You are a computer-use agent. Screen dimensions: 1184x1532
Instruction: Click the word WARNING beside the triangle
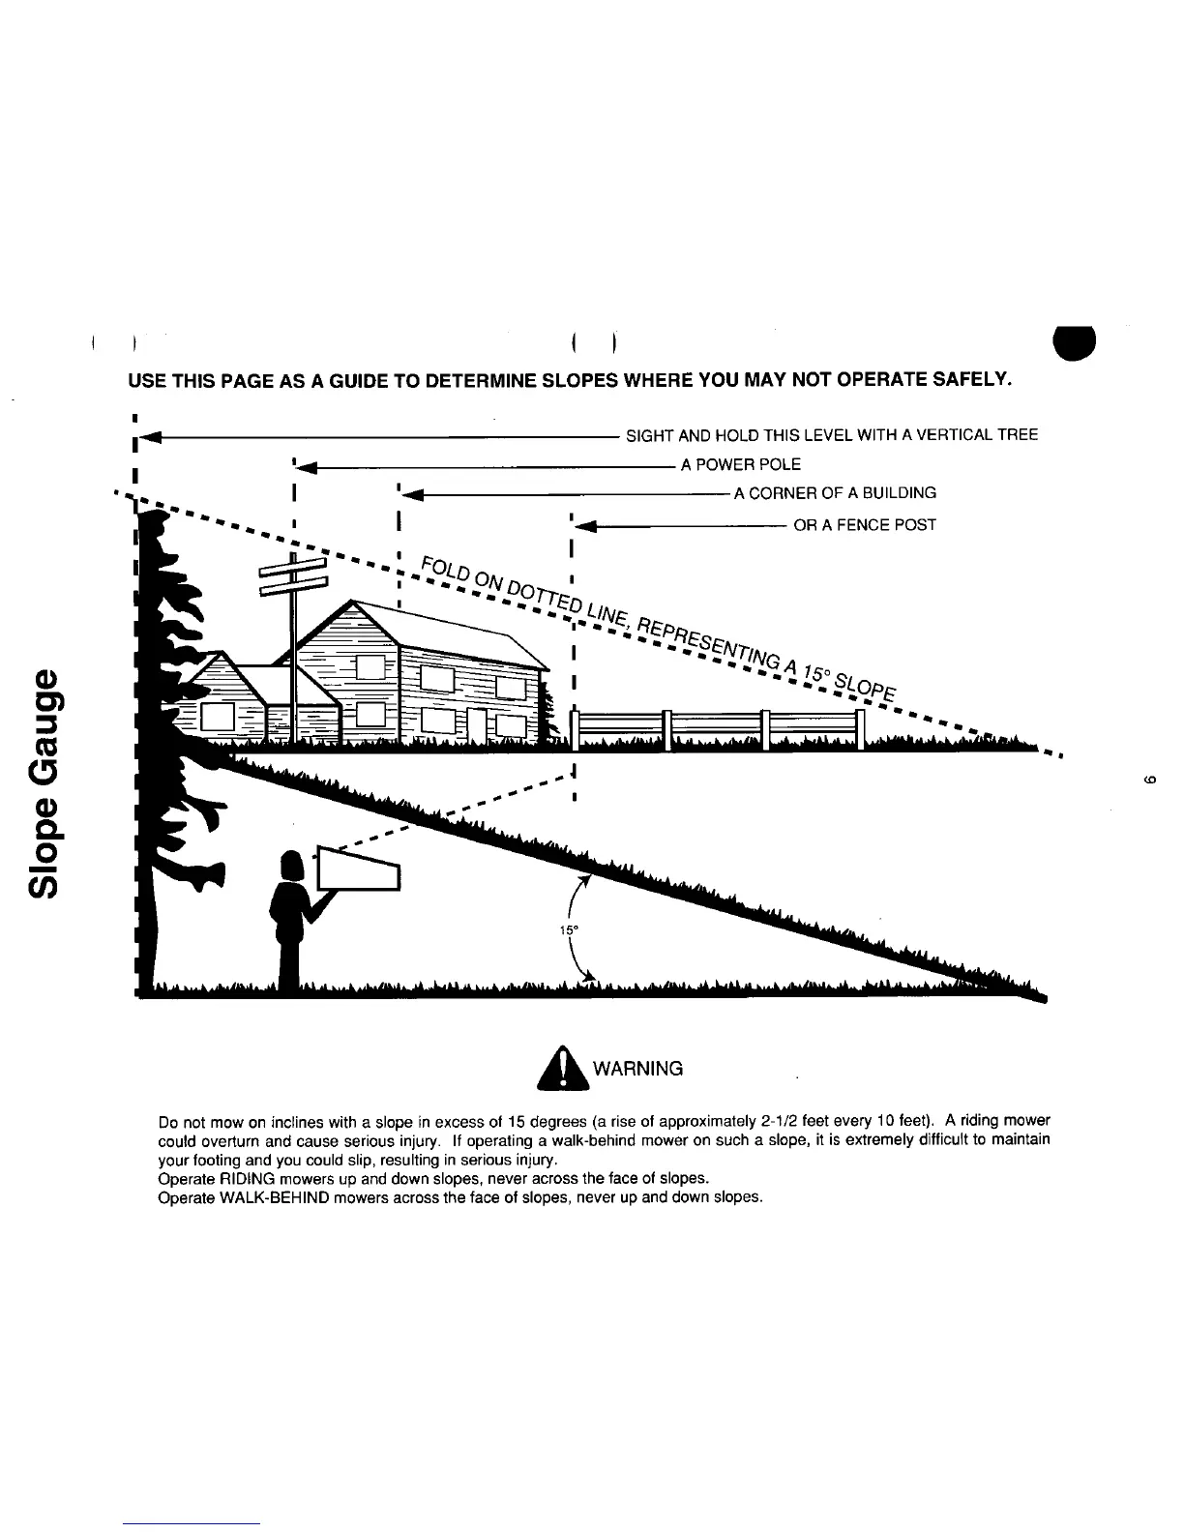click(637, 1069)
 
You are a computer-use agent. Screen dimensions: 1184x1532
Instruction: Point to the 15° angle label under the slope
click(568, 930)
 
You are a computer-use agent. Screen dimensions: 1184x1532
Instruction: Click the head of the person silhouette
click(293, 864)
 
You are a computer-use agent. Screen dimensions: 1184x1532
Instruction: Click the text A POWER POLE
click(741, 465)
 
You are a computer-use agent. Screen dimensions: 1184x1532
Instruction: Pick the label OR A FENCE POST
click(865, 525)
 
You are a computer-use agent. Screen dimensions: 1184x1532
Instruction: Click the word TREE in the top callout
click(1018, 435)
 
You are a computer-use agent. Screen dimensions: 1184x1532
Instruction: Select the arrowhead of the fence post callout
click(586, 528)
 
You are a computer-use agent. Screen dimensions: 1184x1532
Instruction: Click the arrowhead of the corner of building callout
click(411, 496)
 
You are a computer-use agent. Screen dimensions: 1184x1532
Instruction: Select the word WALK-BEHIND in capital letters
click(272, 1197)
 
